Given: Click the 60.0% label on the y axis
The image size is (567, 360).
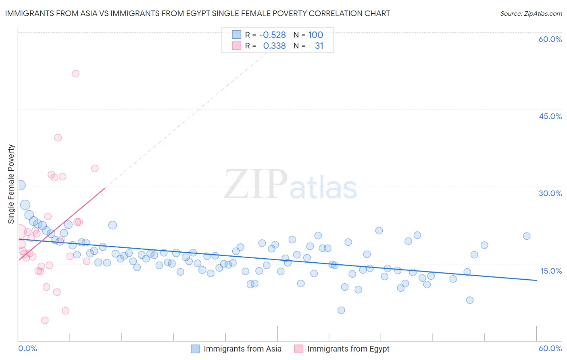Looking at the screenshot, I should [550, 39].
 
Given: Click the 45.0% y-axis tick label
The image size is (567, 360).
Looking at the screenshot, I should [550, 116].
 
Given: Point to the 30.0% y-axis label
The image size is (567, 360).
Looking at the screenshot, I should [550, 193].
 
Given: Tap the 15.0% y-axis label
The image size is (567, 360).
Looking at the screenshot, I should [551, 271].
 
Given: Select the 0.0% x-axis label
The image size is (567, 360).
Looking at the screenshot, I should [27, 348].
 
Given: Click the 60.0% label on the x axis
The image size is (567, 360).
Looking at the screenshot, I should [550, 348].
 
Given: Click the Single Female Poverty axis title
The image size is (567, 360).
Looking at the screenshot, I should [11, 184].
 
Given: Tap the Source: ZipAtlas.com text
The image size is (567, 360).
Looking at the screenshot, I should [531, 13].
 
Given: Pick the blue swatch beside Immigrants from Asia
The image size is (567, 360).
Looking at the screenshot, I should [196, 349].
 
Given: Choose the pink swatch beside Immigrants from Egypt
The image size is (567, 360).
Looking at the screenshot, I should [299, 349].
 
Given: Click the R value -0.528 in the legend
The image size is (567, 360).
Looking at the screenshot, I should [272, 35].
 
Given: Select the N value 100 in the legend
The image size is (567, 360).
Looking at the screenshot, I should [316, 35].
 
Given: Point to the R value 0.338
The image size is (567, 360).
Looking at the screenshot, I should [274, 46].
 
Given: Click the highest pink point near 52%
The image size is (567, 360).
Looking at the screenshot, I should [75, 73].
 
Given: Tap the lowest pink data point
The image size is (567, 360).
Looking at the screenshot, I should [45, 320].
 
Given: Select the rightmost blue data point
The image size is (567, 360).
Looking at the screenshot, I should [527, 236].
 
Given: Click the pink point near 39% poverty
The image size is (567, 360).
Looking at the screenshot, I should [58, 138].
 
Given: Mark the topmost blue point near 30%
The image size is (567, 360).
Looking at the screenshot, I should [21, 185].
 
